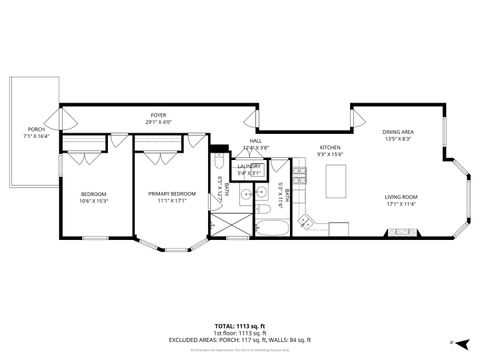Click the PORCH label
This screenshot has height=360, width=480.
click(36, 130)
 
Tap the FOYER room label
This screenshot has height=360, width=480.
click(158, 116)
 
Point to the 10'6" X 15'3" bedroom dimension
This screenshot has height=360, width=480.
click(93, 201)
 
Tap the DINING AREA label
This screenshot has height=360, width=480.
click(398, 132)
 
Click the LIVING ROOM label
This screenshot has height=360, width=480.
click(400, 197)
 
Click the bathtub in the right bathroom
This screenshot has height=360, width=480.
click(272, 229)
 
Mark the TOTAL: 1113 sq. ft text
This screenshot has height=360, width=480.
click(239, 326)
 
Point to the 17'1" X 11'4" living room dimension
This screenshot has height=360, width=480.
click(400, 204)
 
